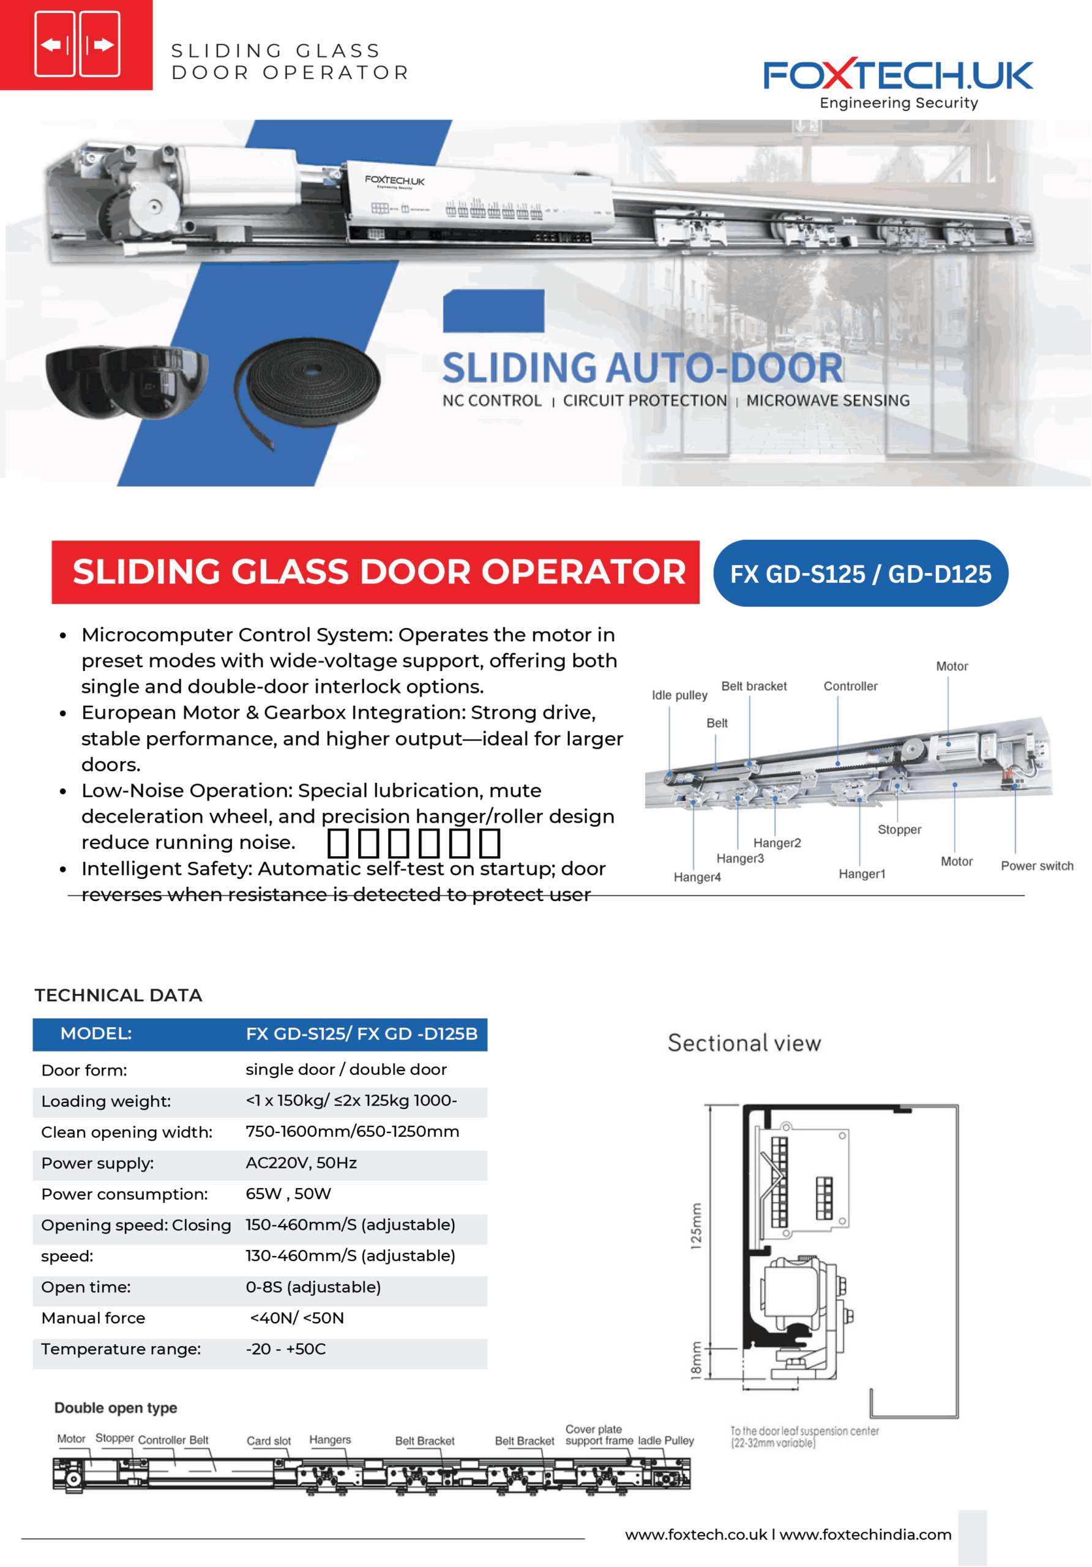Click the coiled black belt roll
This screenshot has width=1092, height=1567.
click(308, 386)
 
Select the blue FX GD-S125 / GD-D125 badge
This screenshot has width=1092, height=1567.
click(860, 574)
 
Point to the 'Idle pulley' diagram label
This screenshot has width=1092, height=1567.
click(679, 695)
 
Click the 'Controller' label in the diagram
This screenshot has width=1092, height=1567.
click(850, 686)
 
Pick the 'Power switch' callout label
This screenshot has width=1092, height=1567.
click(1037, 866)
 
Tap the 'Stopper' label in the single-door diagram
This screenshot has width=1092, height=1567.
click(899, 829)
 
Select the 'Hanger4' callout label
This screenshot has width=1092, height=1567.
click(697, 877)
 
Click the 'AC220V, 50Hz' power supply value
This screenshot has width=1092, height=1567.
click(301, 1163)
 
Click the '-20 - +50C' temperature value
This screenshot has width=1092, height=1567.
click(285, 1349)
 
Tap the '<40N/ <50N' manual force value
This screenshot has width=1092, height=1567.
click(297, 1318)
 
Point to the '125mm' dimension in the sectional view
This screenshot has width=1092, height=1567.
click(695, 1226)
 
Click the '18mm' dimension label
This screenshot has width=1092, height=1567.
click(695, 1360)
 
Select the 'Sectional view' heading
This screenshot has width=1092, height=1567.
click(744, 1044)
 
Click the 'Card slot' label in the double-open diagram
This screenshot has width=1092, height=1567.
click(268, 1441)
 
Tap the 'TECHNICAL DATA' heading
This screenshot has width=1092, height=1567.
click(118, 995)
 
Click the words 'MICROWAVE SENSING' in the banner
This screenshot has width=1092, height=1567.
click(828, 400)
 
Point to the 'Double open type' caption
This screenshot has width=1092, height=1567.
click(115, 1408)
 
